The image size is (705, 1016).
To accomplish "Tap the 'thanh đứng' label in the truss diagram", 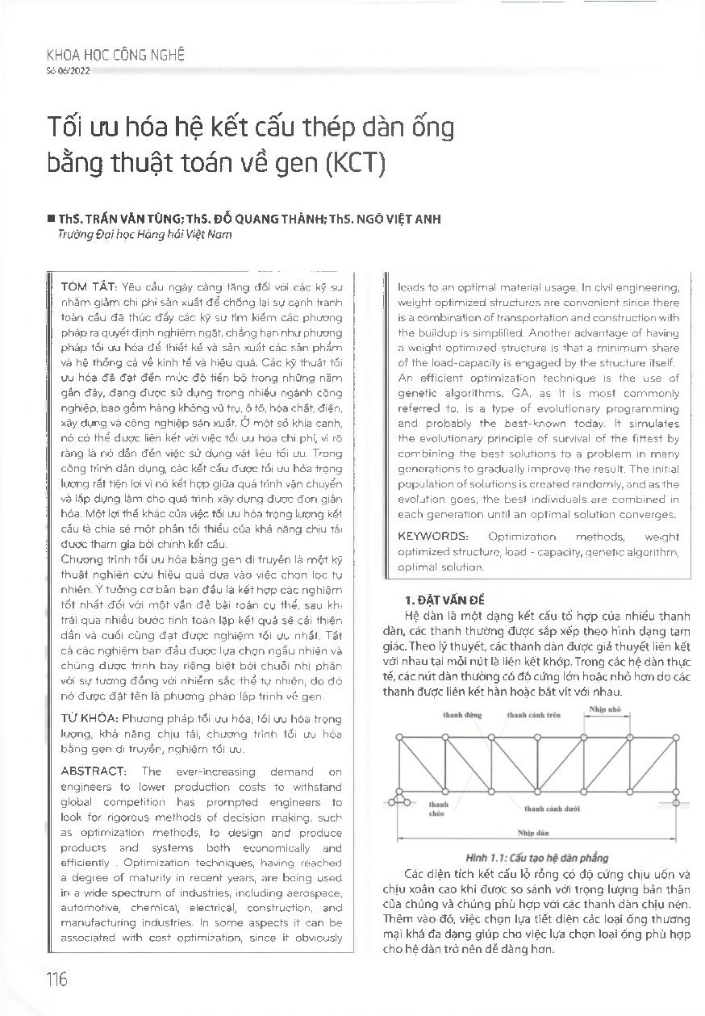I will [458, 715].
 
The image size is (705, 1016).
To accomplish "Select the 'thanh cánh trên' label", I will [533, 715].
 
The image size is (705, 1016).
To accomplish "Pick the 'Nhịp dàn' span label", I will [534, 831].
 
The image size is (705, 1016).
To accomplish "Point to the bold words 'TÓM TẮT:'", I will [89, 288].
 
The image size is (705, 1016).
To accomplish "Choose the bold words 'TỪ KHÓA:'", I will [89, 718].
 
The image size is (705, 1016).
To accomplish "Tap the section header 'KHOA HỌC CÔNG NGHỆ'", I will [116, 56].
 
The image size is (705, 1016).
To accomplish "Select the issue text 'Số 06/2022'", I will [69, 72].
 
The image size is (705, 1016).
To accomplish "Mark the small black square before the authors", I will [51, 220].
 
